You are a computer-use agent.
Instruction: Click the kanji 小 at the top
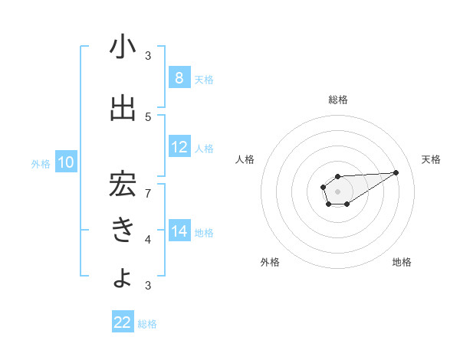[x=123, y=47]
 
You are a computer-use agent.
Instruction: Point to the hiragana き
[x=123, y=229]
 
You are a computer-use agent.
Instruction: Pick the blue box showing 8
[x=179, y=78]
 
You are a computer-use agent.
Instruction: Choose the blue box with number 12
[x=179, y=147]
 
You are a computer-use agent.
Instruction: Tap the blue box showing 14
[x=179, y=231]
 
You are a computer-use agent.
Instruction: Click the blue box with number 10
[x=66, y=162]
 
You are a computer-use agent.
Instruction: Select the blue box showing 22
[x=123, y=322]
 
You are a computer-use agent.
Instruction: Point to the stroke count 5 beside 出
[x=149, y=116]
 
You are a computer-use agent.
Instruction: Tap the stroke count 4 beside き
[x=149, y=239]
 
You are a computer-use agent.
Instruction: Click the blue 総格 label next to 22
[x=147, y=323]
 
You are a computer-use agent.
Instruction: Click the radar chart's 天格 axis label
[x=431, y=159]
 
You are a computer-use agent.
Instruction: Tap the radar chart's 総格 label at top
[x=337, y=100]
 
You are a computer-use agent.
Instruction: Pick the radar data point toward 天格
[x=396, y=172]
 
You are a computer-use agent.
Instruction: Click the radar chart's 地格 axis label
[x=402, y=262]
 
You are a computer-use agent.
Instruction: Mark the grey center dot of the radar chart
[x=337, y=191]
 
